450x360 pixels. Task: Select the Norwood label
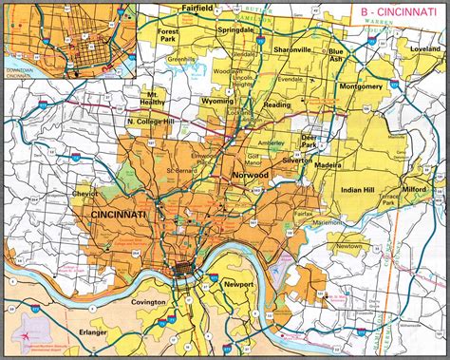pos(249,178)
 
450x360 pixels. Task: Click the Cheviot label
pos(59,193)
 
